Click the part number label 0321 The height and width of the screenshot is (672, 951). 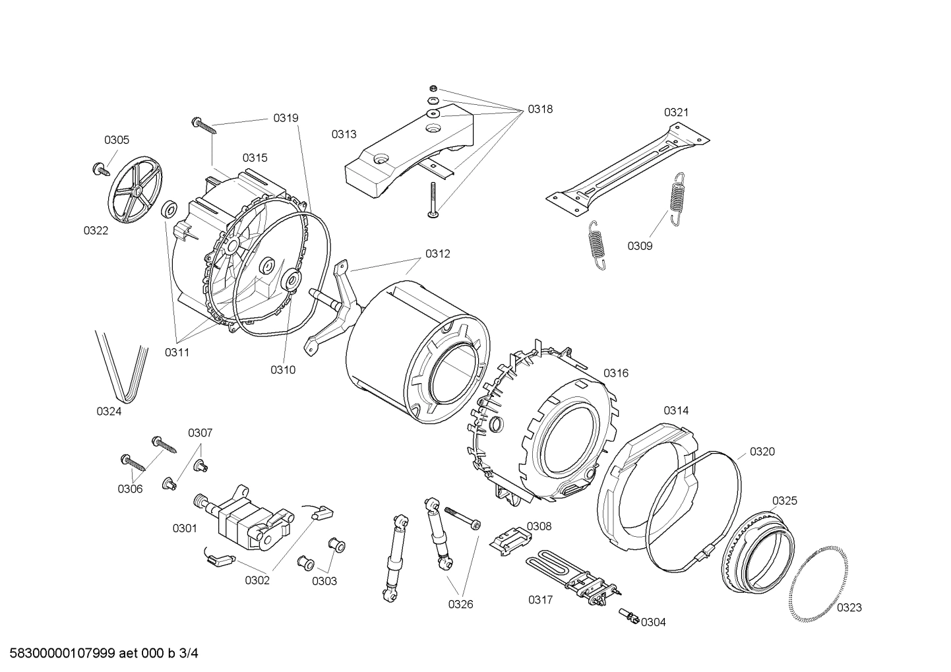coord(676,112)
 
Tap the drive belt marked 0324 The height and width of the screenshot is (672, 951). coord(122,366)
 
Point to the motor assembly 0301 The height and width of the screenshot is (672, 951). coord(247,516)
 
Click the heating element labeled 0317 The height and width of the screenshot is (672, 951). coord(574,578)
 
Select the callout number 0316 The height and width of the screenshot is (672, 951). coord(616,373)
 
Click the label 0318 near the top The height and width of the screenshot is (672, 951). coord(539,109)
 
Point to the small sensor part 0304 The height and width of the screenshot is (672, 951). coord(629,617)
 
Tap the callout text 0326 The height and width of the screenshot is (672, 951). coord(460,604)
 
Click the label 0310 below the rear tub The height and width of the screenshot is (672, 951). coord(282,370)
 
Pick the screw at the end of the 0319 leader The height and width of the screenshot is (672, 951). coord(203,125)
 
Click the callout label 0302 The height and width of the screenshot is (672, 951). coord(257,581)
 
